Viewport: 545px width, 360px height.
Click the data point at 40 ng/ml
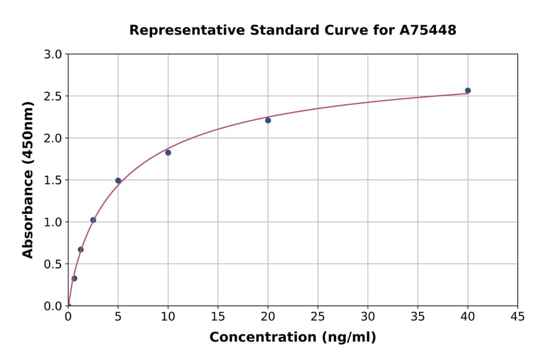(x=467, y=91)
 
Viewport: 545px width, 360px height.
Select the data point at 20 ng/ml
(x=268, y=121)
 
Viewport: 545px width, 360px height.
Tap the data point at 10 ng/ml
(x=168, y=153)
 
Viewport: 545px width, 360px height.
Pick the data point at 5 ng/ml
(x=118, y=181)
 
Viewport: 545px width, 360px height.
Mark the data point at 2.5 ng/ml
(x=93, y=220)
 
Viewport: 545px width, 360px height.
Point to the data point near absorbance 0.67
(x=81, y=250)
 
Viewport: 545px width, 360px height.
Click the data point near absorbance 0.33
(x=74, y=279)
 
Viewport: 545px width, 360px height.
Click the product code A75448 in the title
(x=428, y=30)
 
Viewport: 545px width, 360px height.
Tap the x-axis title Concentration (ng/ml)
(x=292, y=338)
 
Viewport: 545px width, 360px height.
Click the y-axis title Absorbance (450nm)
(x=28, y=180)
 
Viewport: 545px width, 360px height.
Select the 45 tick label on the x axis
(x=518, y=316)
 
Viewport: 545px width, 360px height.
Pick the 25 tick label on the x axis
(x=318, y=316)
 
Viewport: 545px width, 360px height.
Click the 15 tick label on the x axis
(x=218, y=316)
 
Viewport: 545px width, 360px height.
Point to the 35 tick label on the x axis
(x=418, y=316)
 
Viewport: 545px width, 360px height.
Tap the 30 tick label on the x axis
(x=368, y=316)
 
